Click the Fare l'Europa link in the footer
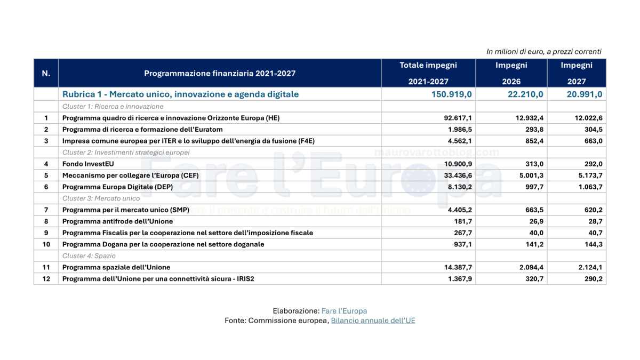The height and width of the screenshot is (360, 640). [x=344, y=311]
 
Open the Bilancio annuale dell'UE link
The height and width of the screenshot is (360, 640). [x=373, y=321]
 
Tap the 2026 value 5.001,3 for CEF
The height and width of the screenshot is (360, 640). [x=528, y=175]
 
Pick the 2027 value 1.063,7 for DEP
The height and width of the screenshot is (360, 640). [x=587, y=187]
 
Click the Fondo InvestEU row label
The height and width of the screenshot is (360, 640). [x=88, y=164]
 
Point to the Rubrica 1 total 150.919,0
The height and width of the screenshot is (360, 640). [x=453, y=94]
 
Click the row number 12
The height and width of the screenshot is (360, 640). [x=46, y=279]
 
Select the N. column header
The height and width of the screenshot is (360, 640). [x=46, y=73]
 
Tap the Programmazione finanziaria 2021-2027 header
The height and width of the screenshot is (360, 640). [x=220, y=74]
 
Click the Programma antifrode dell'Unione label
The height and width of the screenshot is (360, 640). [x=117, y=221]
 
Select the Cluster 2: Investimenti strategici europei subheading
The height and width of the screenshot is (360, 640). [x=126, y=153]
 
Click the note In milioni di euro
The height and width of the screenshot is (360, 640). [x=543, y=52]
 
